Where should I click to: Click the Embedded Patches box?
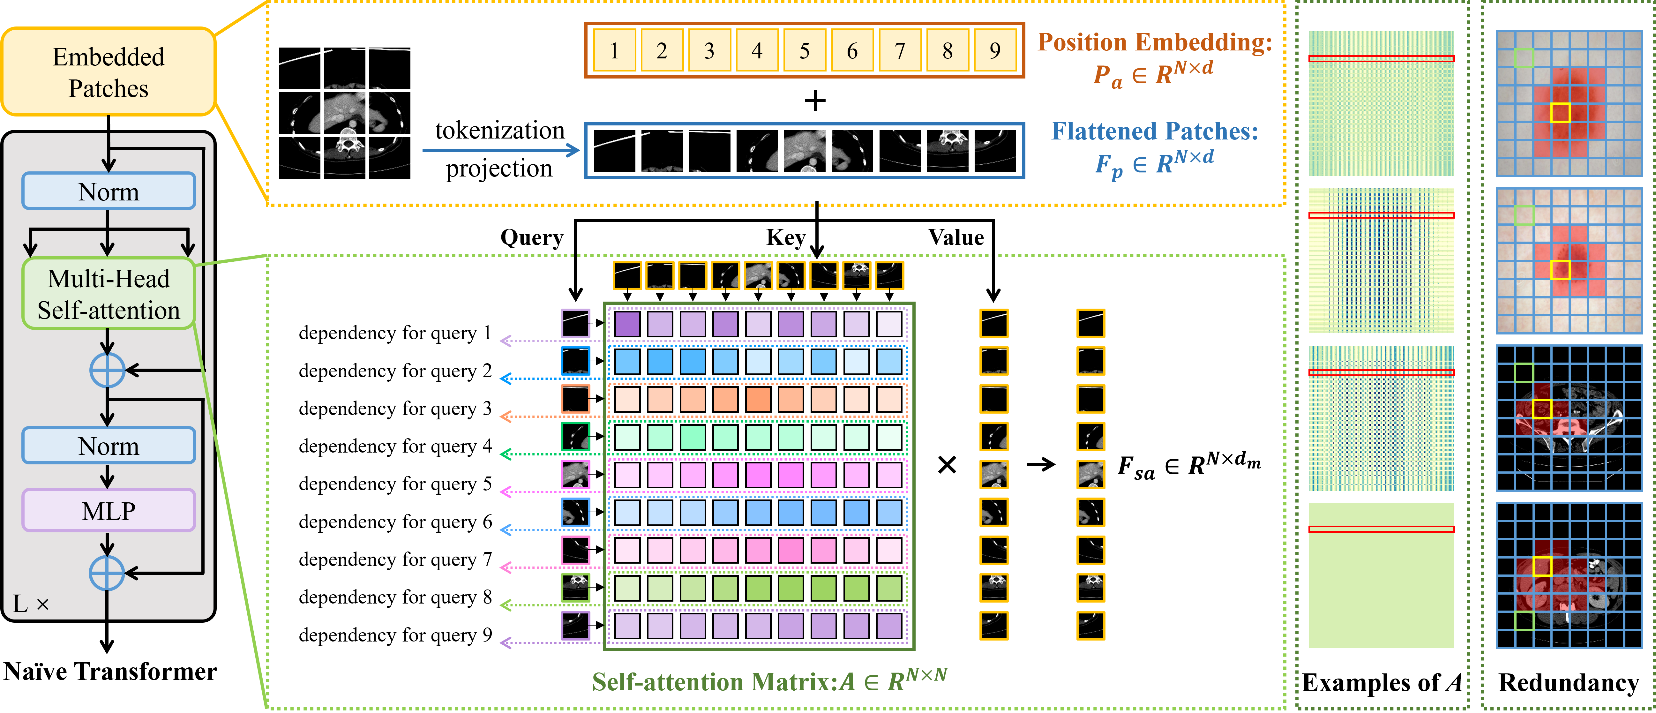[x=108, y=72]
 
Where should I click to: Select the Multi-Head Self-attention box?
[x=108, y=294]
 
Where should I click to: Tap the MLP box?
[x=108, y=510]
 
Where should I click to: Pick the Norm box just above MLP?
[x=108, y=446]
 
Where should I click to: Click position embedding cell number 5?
[x=804, y=50]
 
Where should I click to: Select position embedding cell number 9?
[x=994, y=50]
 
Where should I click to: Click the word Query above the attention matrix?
[x=532, y=238]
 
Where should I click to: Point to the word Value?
[x=956, y=238]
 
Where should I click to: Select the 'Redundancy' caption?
[x=1569, y=683]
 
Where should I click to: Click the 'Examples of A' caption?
[x=1382, y=683]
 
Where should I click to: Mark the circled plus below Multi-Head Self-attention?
[x=107, y=370]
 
